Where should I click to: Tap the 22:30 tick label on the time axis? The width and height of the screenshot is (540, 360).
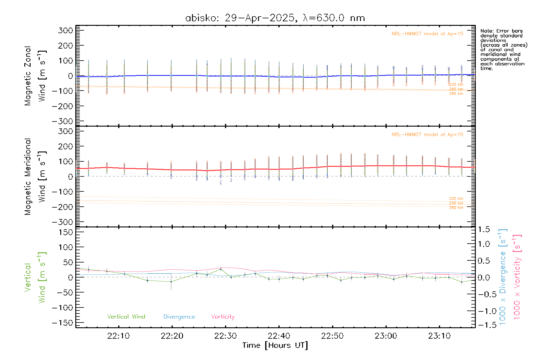pos(225,336)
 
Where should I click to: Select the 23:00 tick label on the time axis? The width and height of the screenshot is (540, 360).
pos(386,336)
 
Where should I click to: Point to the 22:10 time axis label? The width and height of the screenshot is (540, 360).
pos(118,336)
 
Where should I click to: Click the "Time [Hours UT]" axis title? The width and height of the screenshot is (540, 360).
pos(275,345)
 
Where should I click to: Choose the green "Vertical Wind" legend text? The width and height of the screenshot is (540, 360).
pos(126,316)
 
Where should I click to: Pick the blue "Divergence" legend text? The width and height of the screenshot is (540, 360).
pos(179,316)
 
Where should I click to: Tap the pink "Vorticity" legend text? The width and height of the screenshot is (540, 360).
pos(223,316)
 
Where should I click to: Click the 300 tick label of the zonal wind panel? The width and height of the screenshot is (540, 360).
pos(66,30)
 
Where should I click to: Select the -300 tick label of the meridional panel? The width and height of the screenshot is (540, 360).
pos(63,222)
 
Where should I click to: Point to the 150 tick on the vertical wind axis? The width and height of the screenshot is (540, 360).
pos(66,232)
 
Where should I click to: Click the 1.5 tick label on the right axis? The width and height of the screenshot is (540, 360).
pos(484,229)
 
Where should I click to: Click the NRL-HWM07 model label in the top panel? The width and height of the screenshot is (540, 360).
pos(427,34)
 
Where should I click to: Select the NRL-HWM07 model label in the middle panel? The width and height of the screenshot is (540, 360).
pos(427,134)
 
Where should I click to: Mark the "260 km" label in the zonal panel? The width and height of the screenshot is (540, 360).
pos(456,94)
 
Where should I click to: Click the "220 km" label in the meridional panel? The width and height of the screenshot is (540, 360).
pos(456,198)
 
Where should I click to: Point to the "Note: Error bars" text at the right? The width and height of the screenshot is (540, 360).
pos(501,31)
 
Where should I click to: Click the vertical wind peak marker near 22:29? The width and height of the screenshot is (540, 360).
pos(220,269)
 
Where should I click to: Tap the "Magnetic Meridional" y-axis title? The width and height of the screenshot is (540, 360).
pos(28,177)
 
